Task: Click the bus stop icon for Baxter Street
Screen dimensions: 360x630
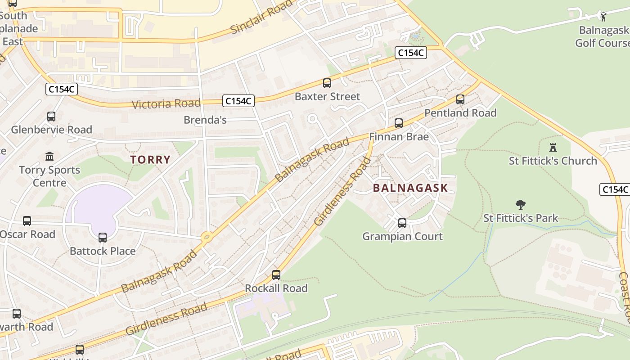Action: coord(327,83)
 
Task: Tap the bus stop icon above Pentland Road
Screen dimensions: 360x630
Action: coord(460,99)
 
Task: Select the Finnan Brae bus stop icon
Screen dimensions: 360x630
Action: coord(398,123)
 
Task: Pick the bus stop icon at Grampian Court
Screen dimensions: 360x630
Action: coord(402,223)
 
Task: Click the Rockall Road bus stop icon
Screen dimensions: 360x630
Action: coord(276,275)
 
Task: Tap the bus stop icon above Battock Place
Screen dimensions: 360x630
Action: coord(103,238)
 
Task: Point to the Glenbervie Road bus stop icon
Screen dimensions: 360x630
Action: coord(51,117)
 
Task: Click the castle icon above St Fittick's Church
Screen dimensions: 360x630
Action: coord(553,147)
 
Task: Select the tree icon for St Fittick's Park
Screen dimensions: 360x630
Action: coord(521,205)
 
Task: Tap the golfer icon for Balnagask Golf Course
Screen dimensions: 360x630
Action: coord(603,17)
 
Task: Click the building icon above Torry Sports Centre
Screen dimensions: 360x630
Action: coord(49,157)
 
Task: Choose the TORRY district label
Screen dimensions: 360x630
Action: coord(150,159)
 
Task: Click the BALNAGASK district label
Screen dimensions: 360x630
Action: coord(410,188)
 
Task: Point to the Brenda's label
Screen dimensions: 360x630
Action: coord(205,120)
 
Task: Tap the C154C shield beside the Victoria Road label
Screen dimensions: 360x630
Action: coord(238,101)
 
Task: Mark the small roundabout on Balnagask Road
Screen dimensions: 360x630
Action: coord(207,237)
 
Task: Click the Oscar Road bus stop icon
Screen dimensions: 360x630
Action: coord(27,221)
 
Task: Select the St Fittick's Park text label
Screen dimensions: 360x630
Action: coord(521,218)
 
